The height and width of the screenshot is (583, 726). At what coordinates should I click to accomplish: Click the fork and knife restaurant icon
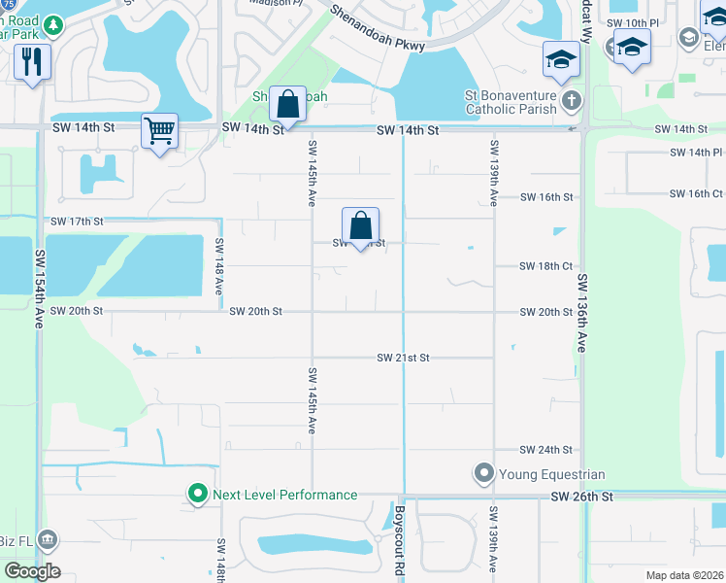(32, 62)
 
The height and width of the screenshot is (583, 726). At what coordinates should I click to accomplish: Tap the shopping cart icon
(159, 130)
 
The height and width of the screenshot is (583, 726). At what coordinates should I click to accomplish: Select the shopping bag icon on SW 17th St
(360, 225)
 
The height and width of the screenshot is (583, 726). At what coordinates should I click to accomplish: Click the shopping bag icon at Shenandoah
(287, 102)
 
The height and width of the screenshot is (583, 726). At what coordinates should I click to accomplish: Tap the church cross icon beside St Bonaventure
(573, 100)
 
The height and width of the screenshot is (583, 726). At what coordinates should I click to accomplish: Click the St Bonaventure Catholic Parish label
(510, 102)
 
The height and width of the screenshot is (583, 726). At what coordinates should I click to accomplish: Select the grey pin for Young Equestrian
(483, 474)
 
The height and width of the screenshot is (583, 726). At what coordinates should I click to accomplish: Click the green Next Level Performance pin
(198, 495)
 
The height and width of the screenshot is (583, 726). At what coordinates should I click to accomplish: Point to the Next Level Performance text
(284, 495)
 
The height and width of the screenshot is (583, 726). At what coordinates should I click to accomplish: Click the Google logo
(32, 571)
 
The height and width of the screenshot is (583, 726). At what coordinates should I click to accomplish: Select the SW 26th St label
(582, 497)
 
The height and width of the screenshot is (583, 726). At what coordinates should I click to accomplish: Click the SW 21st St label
(403, 359)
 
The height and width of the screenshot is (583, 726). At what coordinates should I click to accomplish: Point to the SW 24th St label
(545, 450)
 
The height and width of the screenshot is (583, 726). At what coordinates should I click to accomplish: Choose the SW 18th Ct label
(545, 266)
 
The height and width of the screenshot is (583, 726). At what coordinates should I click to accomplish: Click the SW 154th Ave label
(40, 289)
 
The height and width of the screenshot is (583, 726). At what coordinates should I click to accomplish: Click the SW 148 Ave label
(220, 267)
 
